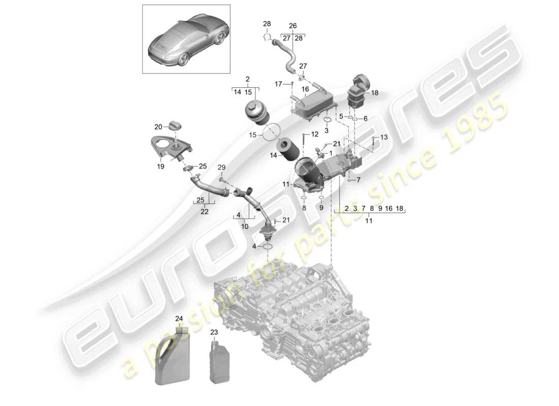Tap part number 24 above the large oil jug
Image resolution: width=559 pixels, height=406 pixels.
tap(179, 319)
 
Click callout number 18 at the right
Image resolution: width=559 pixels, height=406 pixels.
tap(375, 93)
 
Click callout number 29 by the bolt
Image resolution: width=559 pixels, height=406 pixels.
tap(221, 167)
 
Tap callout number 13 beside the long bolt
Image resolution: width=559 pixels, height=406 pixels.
tap(384, 138)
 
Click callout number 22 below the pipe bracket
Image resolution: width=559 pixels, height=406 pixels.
tap(204, 212)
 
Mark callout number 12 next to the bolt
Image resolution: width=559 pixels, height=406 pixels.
tap(315, 134)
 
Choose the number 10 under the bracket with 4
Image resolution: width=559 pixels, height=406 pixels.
tap(244, 226)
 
